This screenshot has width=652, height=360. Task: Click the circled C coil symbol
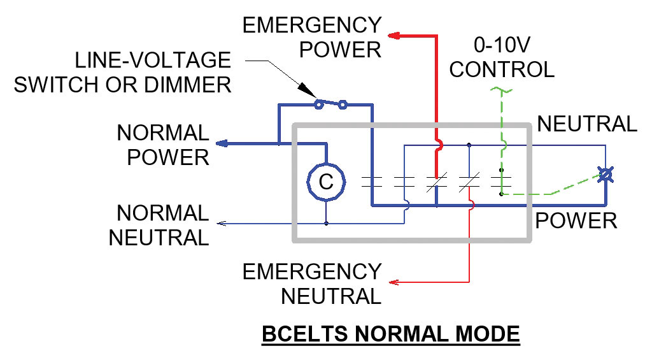(326, 182)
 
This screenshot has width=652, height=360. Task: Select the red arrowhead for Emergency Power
(395, 36)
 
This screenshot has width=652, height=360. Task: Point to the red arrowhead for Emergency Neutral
(395, 281)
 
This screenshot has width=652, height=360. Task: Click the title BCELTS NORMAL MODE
(390, 333)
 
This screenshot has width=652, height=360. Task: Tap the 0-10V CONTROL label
(501, 57)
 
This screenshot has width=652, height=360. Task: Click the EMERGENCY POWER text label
(312, 37)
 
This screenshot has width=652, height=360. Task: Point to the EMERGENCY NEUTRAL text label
(312, 284)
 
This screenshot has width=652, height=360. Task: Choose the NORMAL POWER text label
(162, 145)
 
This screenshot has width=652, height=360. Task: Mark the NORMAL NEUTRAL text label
(159, 225)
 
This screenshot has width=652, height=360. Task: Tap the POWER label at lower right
(576, 220)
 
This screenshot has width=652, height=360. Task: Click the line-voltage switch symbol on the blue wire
(331, 103)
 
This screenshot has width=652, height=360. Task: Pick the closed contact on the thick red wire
(437, 182)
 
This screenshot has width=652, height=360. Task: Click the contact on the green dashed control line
(501, 182)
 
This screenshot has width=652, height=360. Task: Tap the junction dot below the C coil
(326, 224)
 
